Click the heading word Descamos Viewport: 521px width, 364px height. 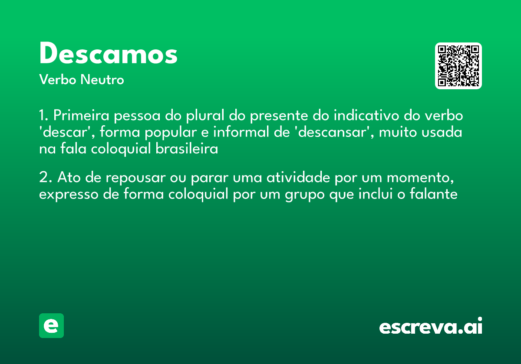click(x=109, y=54)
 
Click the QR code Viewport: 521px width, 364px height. click(x=458, y=66)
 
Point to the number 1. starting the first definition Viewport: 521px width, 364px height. click(x=43, y=116)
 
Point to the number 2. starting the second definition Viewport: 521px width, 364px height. click(x=45, y=178)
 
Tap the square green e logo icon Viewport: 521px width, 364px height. click(x=51, y=326)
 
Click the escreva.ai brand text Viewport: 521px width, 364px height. click(x=430, y=327)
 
